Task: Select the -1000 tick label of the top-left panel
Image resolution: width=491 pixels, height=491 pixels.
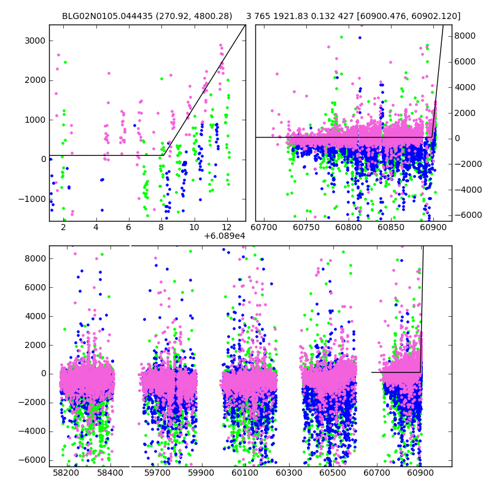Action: [31, 199]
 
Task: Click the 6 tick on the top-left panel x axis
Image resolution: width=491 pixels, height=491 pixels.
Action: [128, 228]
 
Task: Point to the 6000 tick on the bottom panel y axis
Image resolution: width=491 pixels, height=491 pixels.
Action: [36, 287]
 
